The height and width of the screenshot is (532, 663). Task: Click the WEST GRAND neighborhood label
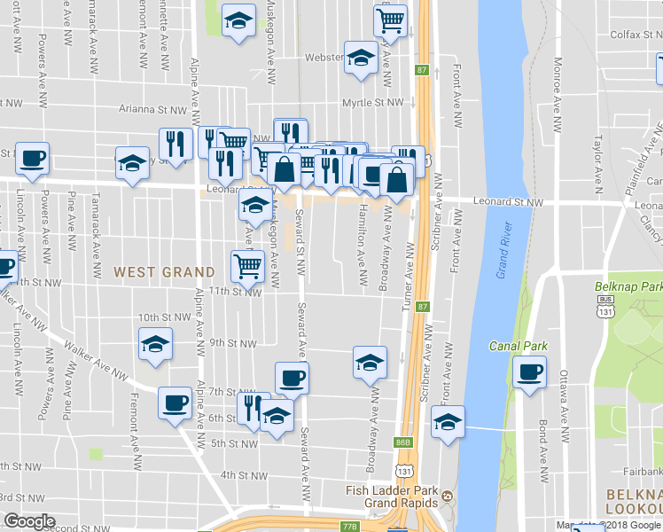point(164,271)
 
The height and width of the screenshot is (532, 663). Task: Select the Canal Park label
point(519,346)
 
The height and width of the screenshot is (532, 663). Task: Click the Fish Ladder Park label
point(394,489)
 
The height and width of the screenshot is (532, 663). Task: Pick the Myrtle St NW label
point(375,103)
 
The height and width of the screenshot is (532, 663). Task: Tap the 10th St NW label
point(165,317)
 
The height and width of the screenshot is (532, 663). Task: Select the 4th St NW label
point(245,475)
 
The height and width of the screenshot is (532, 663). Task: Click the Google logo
point(29,521)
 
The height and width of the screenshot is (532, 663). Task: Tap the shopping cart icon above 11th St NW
point(247,264)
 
